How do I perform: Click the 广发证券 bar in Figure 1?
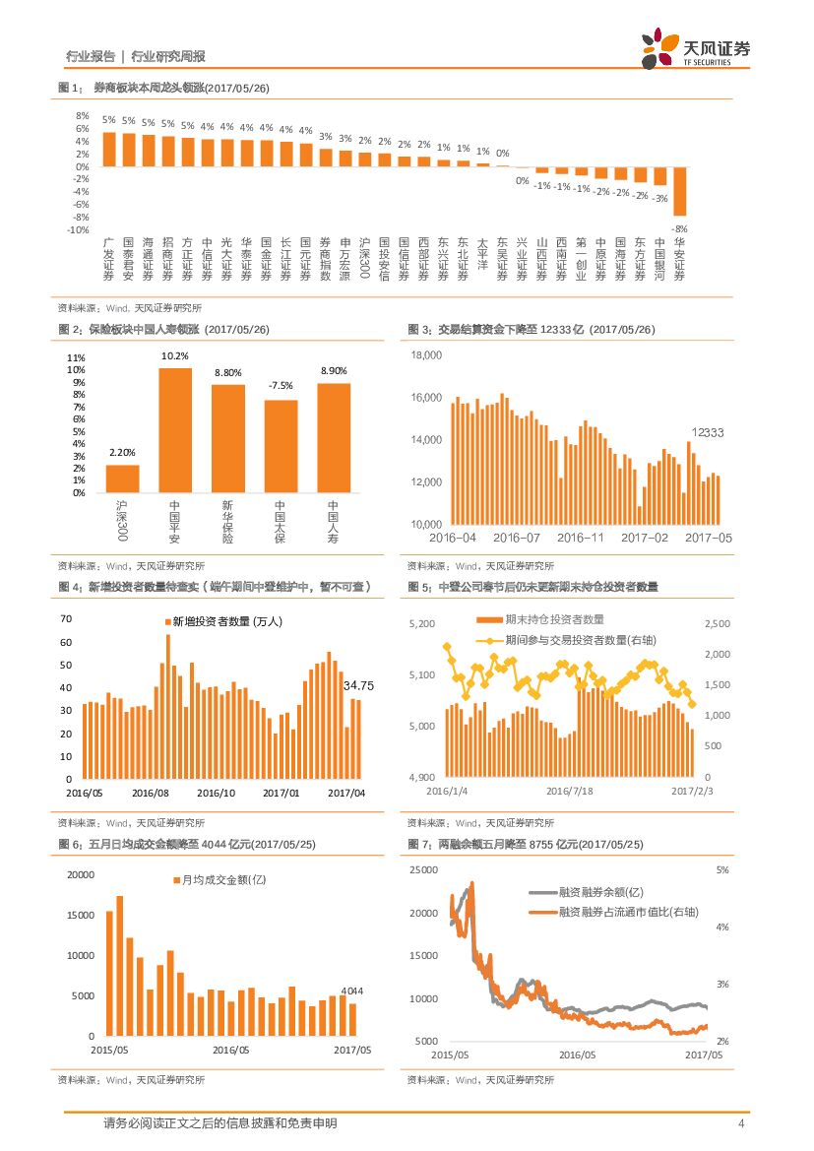click(x=109, y=150)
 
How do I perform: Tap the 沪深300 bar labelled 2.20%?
click(x=122, y=479)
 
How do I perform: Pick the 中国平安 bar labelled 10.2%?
click(x=175, y=430)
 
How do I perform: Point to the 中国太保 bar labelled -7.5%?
click(x=281, y=446)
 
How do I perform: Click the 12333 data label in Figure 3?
click(x=707, y=432)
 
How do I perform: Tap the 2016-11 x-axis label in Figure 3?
click(x=581, y=538)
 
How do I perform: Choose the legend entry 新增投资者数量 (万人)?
click(x=227, y=621)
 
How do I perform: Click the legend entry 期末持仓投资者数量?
click(x=554, y=619)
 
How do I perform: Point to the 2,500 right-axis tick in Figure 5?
click(x=719, y=624)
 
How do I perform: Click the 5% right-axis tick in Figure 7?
click(x=721, y=870)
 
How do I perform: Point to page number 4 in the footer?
click(x=740, y=1123)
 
